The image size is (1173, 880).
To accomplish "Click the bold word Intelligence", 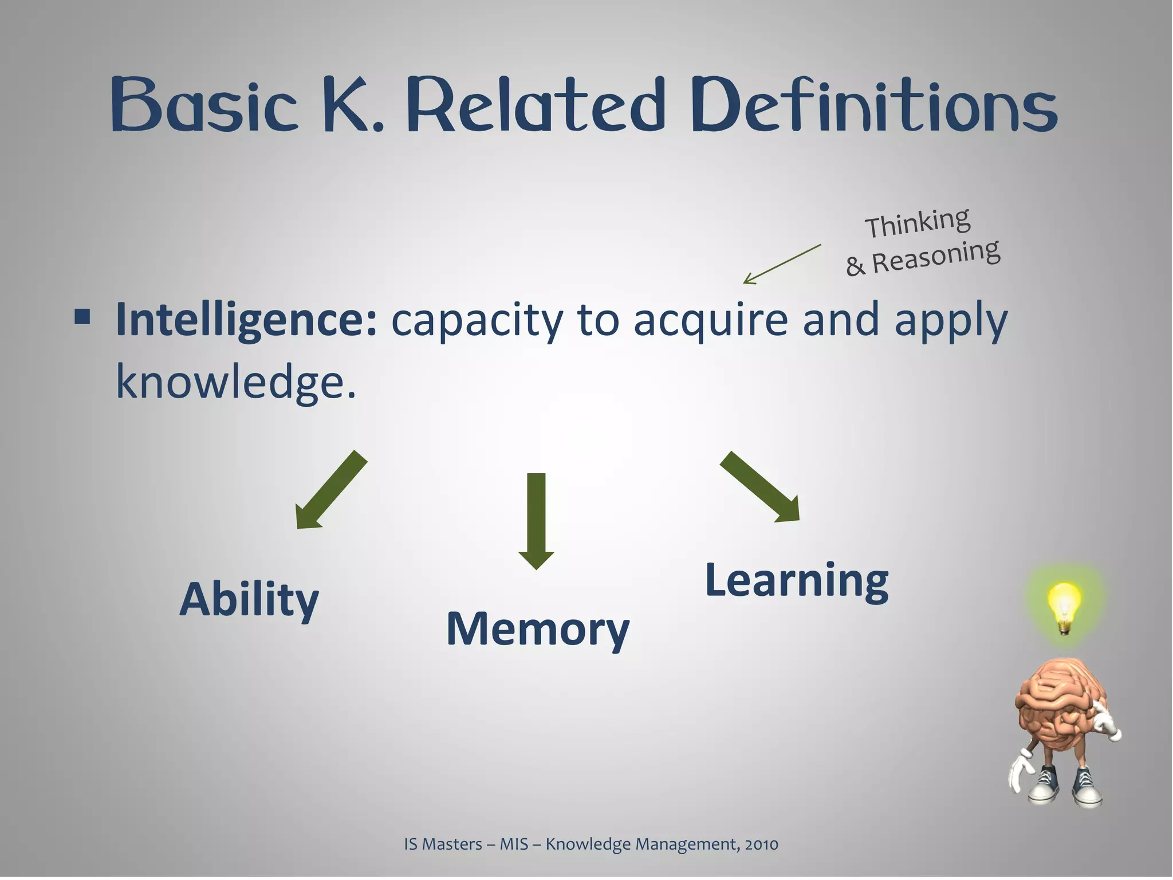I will [x=246, y=321].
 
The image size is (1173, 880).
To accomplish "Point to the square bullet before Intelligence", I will [x=82, y=316].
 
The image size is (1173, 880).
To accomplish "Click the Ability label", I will [x=249, y=600].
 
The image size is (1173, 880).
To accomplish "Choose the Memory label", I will [x=537, y=629].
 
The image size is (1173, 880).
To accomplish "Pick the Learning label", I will [x=797, y=580].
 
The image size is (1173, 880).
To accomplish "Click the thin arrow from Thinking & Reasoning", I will [x=782, y=264].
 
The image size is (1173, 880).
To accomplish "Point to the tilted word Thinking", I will [x=918, y=222].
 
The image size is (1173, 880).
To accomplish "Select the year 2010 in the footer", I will [x=761, y=844].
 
